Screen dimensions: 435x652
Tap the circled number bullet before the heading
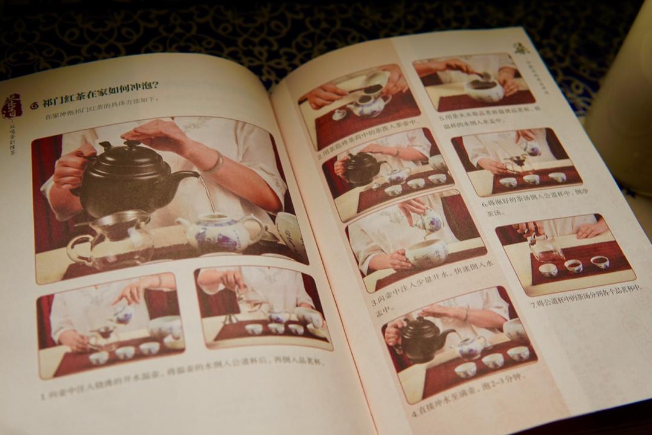click(34, 105)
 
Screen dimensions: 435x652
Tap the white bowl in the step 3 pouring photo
click(425, 253)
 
